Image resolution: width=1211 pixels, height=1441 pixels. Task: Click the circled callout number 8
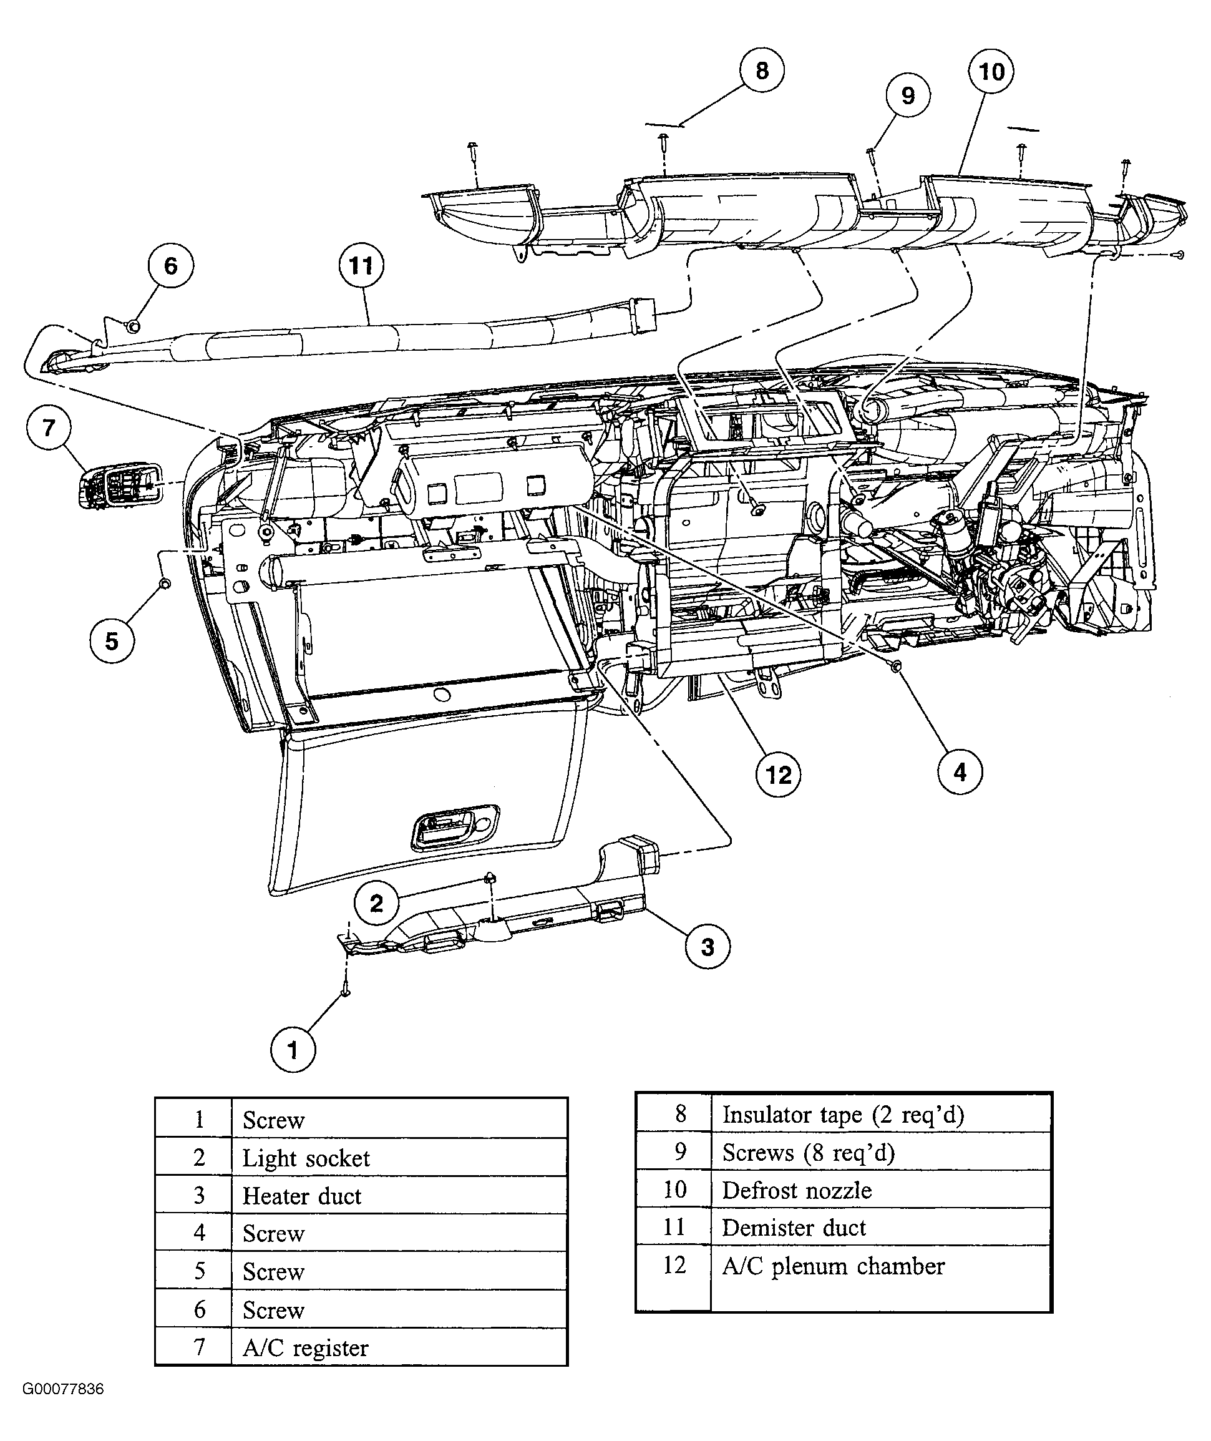[762, 70]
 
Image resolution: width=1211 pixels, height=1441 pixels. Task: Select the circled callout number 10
[991, 71]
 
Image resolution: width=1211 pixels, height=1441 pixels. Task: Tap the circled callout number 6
[170, 266]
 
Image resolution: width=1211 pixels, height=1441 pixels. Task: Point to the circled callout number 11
[361, 266]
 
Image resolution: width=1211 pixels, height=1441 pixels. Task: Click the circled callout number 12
[778, 774]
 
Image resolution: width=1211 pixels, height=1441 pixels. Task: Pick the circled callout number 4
[960, 773]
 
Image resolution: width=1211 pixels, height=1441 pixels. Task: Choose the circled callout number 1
[293, 1050]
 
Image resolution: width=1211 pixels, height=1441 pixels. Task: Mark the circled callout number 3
[708, 947]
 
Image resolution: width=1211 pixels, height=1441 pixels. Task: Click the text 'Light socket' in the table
[306, 1158]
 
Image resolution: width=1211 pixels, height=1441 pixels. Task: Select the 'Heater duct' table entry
[302, 1196]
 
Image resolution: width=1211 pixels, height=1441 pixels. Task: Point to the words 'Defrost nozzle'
[797, 1189]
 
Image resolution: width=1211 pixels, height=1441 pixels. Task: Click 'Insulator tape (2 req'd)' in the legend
[844, 1114]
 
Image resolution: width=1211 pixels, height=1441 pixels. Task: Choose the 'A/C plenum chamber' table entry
[834, 1266]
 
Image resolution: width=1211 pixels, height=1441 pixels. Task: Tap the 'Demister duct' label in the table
[794, 1228]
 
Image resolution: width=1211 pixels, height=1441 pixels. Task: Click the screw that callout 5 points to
[165, 584]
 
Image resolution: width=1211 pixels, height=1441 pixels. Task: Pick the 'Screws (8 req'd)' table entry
[809, 1152]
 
